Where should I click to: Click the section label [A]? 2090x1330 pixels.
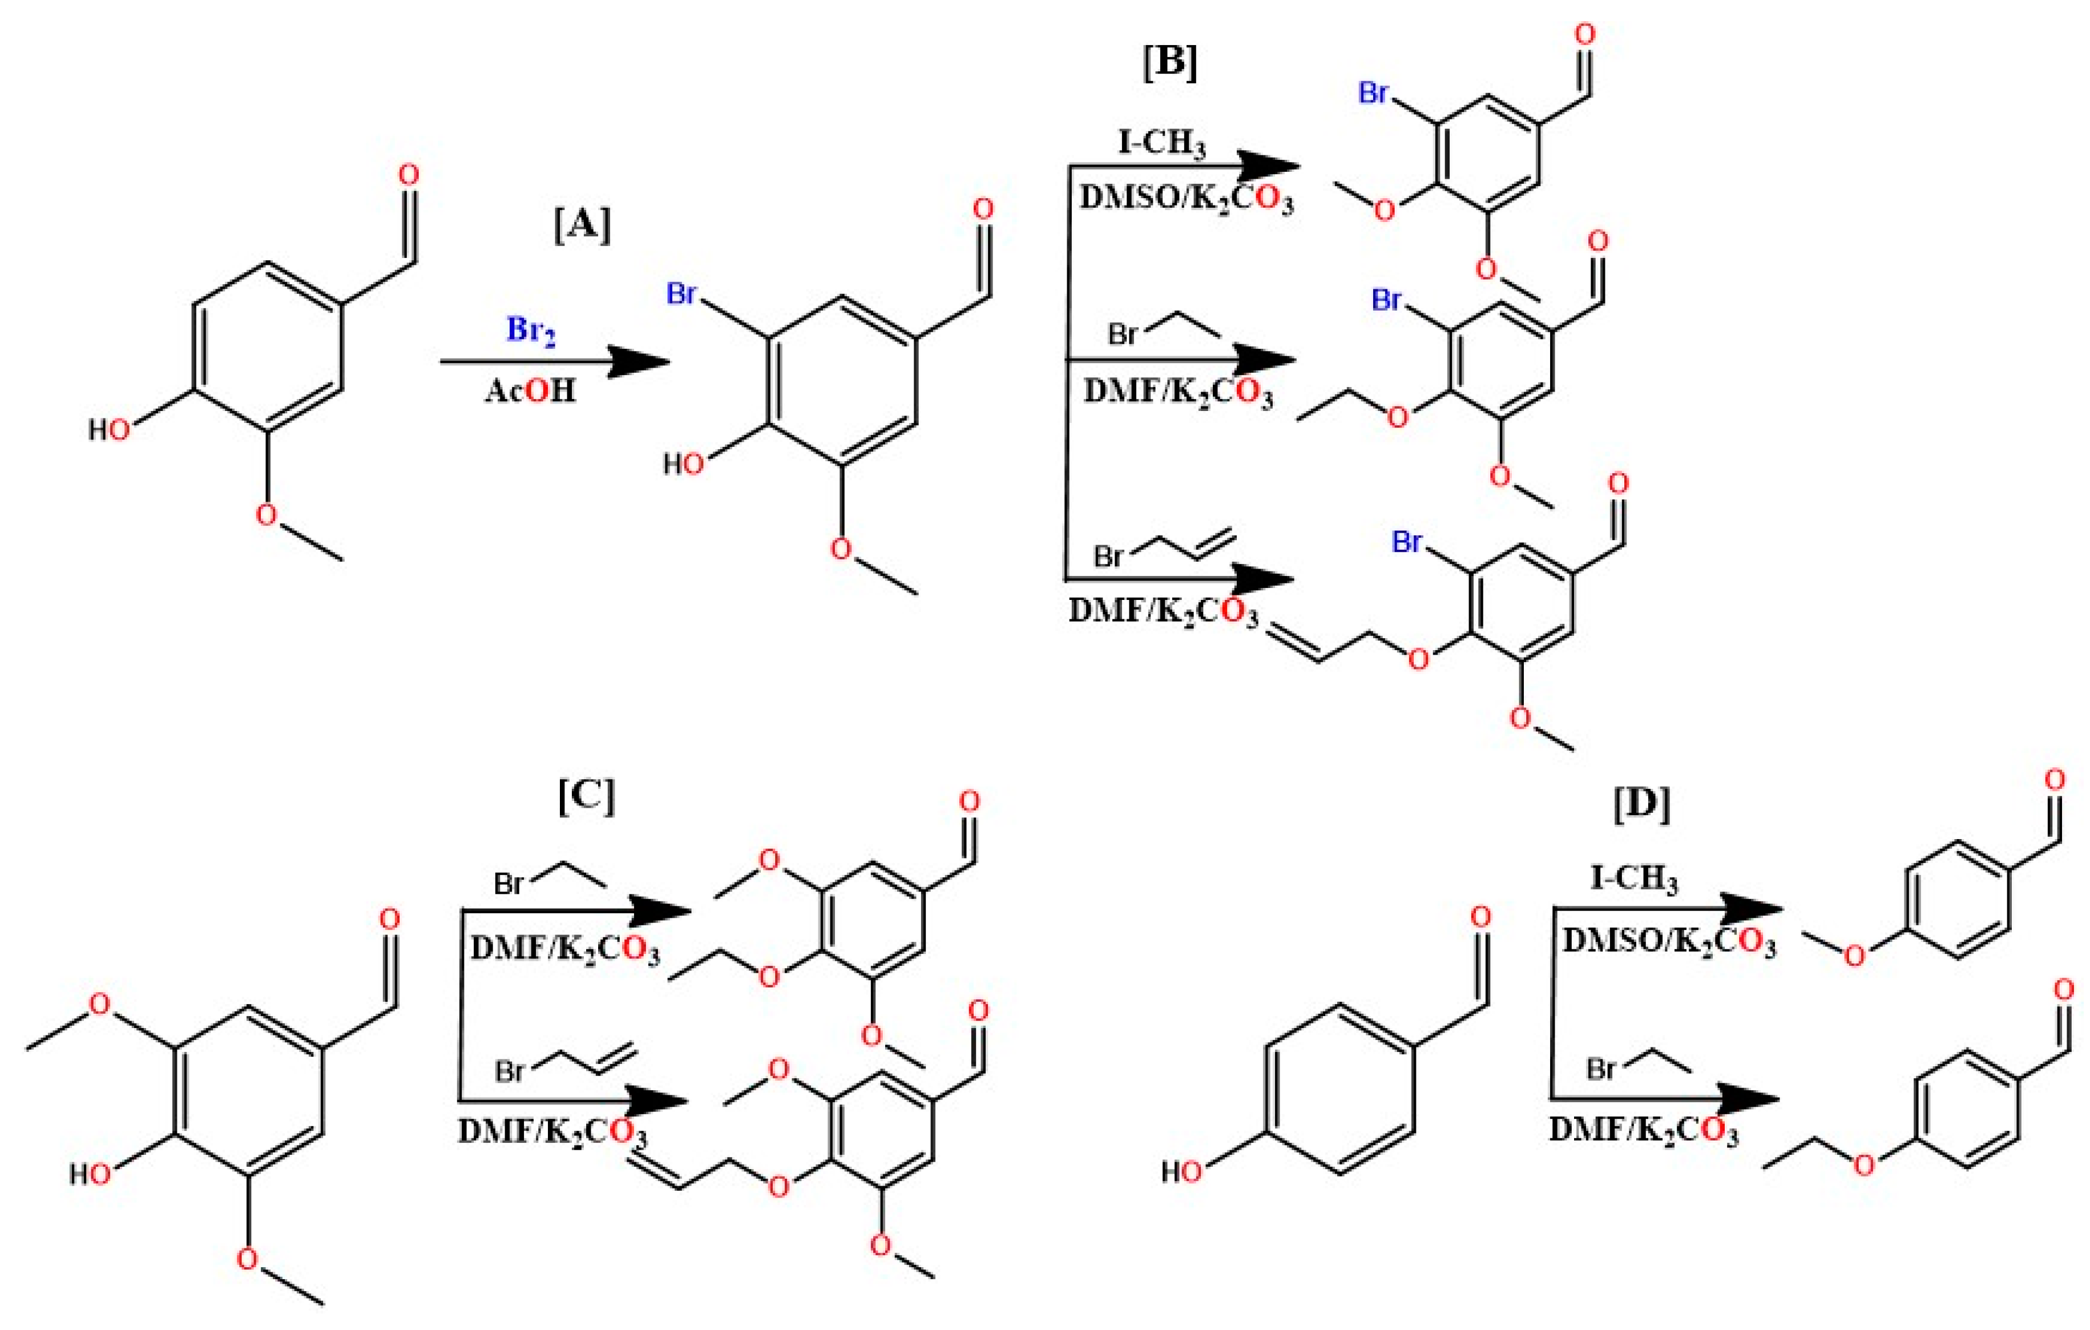[582, 225]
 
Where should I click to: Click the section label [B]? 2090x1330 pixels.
[1170, 62]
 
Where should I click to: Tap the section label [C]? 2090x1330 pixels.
[587, 795]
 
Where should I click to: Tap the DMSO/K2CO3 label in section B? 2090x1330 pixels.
[1185, 199]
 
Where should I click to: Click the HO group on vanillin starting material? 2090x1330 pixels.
[110, 429]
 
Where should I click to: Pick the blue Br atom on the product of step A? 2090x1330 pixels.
[681, 293]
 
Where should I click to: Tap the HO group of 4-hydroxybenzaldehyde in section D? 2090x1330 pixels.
[1182, 1172]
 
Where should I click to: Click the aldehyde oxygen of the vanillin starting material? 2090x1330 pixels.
[408, 175]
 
